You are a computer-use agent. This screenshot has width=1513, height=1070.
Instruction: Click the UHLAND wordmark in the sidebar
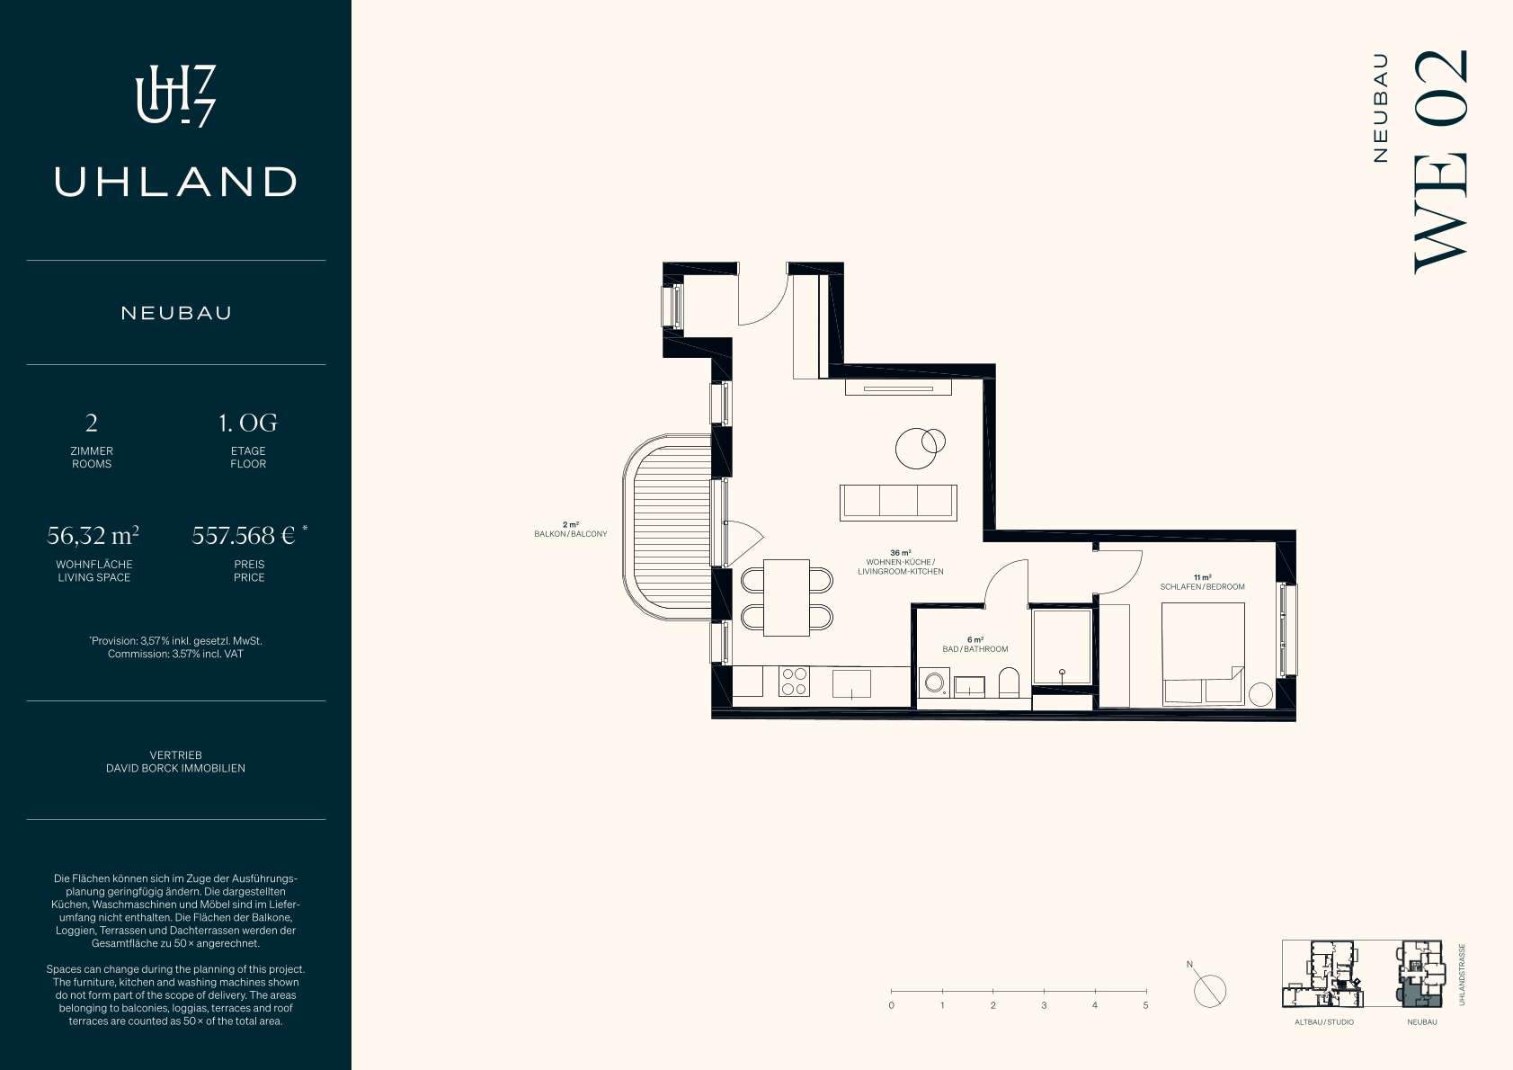click(x=175, y=182)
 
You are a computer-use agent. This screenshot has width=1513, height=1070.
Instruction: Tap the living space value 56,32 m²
click(x=93, y=536)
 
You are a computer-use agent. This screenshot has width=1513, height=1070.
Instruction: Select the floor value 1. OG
click(x=248, y=423)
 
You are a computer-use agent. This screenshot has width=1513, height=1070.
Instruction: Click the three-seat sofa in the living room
click(x=898, y=503)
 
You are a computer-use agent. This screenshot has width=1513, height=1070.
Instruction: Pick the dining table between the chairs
click(x=787, y=598)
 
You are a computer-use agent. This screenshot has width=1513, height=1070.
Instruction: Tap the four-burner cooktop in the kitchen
click(x=794, y=681)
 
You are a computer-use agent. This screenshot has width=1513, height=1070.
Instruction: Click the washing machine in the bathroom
click(x=935, y=683)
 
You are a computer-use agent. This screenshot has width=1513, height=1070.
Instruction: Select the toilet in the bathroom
click(x=1009, y=682)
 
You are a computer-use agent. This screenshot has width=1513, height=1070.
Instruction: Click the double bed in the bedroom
click(x=1203, y=654)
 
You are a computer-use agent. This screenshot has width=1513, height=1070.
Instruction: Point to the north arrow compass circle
click(x=1210, y=991)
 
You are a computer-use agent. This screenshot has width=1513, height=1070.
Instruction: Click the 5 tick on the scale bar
click(x=1146, y=991)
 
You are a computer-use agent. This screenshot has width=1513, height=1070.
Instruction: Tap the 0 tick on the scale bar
click(x=892, y=991)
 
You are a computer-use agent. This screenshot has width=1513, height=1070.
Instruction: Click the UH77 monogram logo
click(x=175, y=95)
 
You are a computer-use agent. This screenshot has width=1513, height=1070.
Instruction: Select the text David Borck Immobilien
click(x=175, y=768)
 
